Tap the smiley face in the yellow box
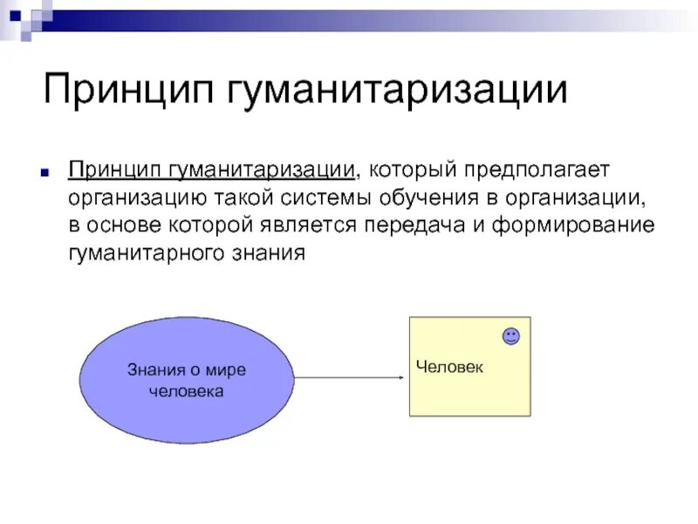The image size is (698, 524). (x=510, y=336)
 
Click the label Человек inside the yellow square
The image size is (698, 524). (x=449, y=368)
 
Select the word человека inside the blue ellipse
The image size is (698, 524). (x=187, y=391)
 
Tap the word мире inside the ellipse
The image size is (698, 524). (x=229, y=369)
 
